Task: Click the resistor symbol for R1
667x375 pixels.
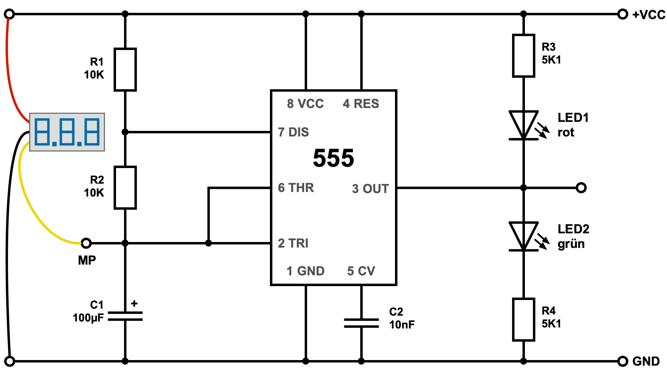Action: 125,69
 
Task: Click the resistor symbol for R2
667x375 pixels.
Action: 125,187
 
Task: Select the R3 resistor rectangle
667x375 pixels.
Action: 523,56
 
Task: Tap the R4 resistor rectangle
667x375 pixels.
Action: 523,319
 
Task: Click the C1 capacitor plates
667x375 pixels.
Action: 125,316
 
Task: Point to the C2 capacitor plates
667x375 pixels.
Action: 361,323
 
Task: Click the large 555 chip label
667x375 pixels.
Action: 333,158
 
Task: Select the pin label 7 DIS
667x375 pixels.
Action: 294,132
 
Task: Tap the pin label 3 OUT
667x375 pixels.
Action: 370,189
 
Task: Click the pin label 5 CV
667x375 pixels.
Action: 361,271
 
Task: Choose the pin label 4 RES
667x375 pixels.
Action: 361,104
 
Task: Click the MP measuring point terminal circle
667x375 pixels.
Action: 86,243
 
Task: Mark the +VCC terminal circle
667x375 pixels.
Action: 623,14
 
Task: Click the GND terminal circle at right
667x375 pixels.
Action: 623,361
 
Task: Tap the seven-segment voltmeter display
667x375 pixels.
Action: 67,132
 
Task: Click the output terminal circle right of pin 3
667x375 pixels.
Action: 581,187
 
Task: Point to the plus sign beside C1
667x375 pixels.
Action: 134,304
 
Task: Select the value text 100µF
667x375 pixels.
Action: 88,318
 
